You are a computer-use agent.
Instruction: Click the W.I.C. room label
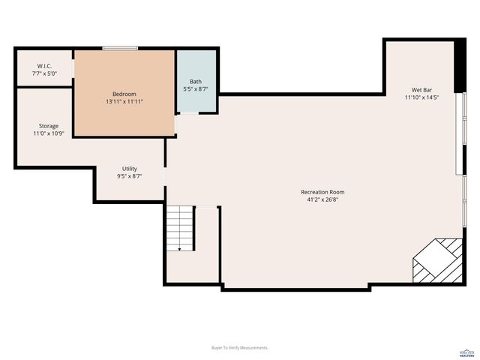43,66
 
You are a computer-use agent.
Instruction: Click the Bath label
196,82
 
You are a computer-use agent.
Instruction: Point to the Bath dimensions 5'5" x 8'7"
196,89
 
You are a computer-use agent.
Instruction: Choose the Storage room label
49,126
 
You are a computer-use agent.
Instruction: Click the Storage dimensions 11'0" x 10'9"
49,133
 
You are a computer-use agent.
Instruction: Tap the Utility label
129,169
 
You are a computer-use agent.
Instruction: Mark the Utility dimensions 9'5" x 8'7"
129,176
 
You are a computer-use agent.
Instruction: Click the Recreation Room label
322,192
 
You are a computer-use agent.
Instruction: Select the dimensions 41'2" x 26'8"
322,200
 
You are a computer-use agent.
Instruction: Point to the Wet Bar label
421,89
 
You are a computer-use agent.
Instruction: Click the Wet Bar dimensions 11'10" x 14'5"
421,97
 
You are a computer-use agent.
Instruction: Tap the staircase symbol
180,229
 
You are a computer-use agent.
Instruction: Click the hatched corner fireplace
438,260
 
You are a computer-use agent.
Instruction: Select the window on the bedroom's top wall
120,49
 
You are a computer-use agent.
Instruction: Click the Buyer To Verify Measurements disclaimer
239,347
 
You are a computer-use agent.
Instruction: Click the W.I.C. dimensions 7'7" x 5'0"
43,73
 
